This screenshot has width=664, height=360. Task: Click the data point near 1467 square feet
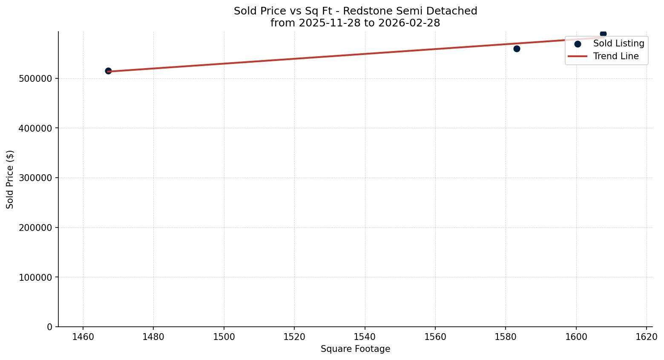point(108,71)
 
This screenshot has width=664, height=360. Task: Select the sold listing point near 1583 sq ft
point(517,49)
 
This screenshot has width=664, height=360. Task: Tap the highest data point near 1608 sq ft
point(603,34)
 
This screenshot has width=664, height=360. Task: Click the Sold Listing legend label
point(618,43)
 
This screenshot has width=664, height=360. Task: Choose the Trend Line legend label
point(615,56)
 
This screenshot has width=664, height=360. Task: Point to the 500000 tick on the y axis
point(36,79)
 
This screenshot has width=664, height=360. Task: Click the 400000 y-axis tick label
point(36,128)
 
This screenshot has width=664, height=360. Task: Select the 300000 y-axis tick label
point(36,178)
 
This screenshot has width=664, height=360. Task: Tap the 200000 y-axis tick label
point(36,228)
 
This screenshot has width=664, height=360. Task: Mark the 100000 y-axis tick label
point(36,277)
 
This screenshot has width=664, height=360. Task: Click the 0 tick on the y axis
point(50,327)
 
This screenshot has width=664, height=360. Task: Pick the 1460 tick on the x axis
point(83,337)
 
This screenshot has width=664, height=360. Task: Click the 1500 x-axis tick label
point(224,337)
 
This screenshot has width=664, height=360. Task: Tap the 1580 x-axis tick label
point(506,337)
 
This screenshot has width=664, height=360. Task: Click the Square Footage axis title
point(355,349)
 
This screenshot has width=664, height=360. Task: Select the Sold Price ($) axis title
point(10,179)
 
